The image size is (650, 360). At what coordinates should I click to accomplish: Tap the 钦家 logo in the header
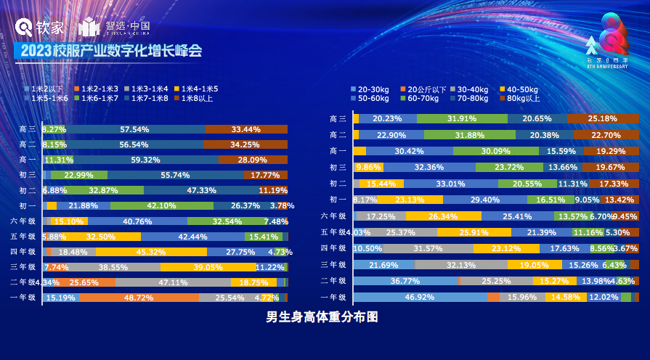point(41,28)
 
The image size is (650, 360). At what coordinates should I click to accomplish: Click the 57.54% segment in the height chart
point(134,129)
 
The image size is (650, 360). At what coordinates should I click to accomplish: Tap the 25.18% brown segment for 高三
point(602,118)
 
